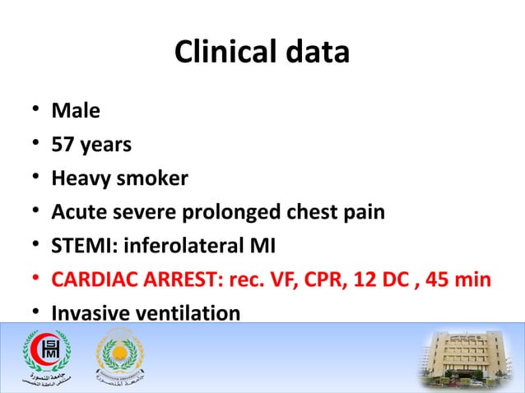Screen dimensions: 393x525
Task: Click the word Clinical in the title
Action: tap(220, 52)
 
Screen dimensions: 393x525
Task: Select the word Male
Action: tap(76, 109)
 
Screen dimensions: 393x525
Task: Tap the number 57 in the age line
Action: tap(63, 144)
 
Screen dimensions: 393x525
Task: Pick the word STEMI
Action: tap(79, 246)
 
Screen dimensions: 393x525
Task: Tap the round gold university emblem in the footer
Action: tap(121, 357)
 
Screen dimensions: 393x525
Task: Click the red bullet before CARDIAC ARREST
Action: tap(30, 280)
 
